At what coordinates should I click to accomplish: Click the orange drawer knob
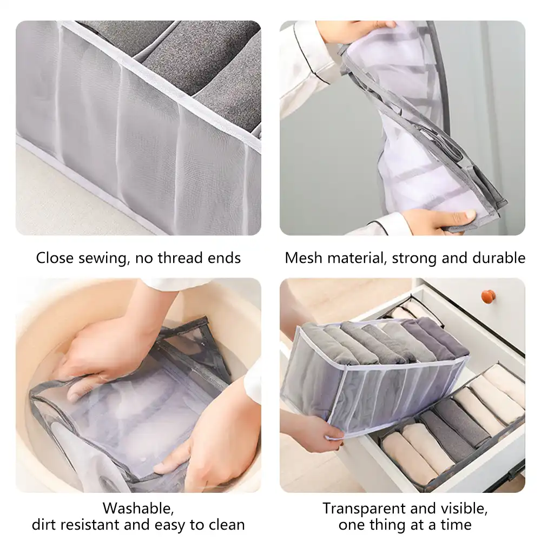[489, 296]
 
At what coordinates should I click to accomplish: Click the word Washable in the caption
[138, 509]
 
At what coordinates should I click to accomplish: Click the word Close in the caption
[54, 258]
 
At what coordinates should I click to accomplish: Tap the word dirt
[46, 525]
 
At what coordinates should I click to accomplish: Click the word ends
[226, 258]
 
